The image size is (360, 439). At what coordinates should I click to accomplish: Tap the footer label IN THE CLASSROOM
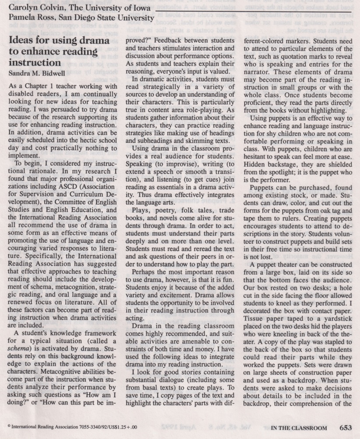tap(299, 428)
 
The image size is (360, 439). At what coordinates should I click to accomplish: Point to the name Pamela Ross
tap(28, 18)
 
